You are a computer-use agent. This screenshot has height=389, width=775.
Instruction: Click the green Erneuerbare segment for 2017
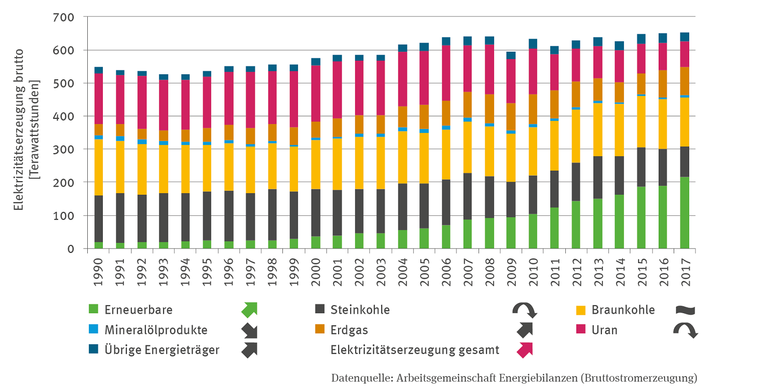pos(684,213)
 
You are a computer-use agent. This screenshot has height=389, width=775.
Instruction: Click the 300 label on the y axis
pos(64,150)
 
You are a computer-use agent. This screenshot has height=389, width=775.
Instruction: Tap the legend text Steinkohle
pos(360,310)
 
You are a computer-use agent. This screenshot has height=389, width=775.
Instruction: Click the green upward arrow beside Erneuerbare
pos(249,310)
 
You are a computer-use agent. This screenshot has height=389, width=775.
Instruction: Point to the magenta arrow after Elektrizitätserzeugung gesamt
pos(525,349)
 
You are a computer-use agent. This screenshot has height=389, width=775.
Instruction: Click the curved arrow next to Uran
pos(685,330)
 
